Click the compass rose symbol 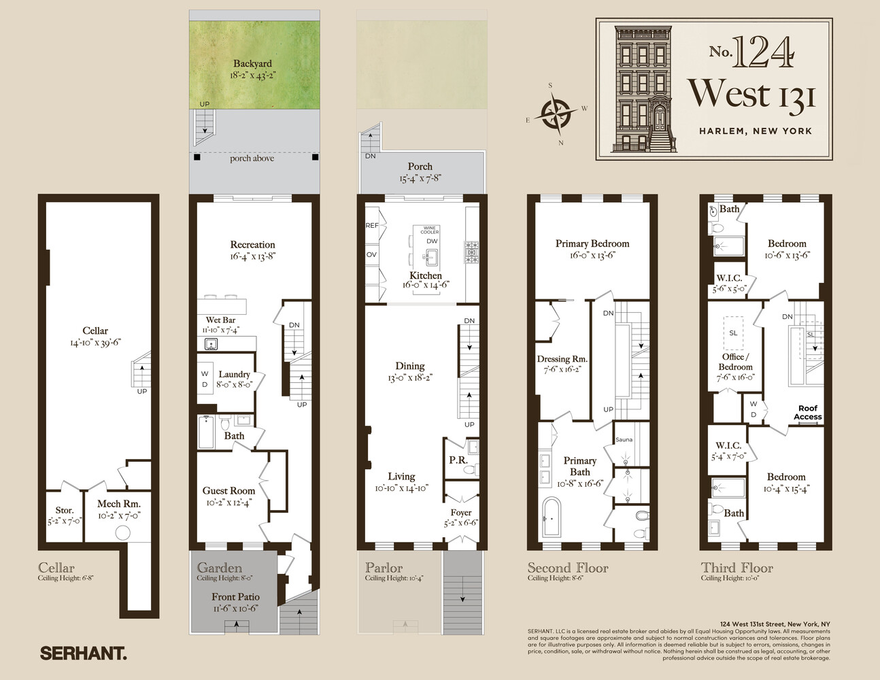[556, 114]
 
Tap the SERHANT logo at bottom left [83, 653]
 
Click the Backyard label [252, 64]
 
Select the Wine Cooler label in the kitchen [430, 231]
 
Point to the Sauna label [624, 440]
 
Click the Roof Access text [808, 413]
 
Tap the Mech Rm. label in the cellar [118, 504]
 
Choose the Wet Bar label [220, 320]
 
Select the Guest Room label [229, 491]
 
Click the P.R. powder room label [458, 460]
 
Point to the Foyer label [461, 513]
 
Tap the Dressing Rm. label [562, 359]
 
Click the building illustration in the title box [642, 88]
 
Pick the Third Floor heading [737, 568]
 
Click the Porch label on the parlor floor [420, 167]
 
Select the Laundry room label [234, 375]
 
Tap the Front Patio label [235, 597]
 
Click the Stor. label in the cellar [65, 510]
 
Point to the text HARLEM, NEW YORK [755, 131]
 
